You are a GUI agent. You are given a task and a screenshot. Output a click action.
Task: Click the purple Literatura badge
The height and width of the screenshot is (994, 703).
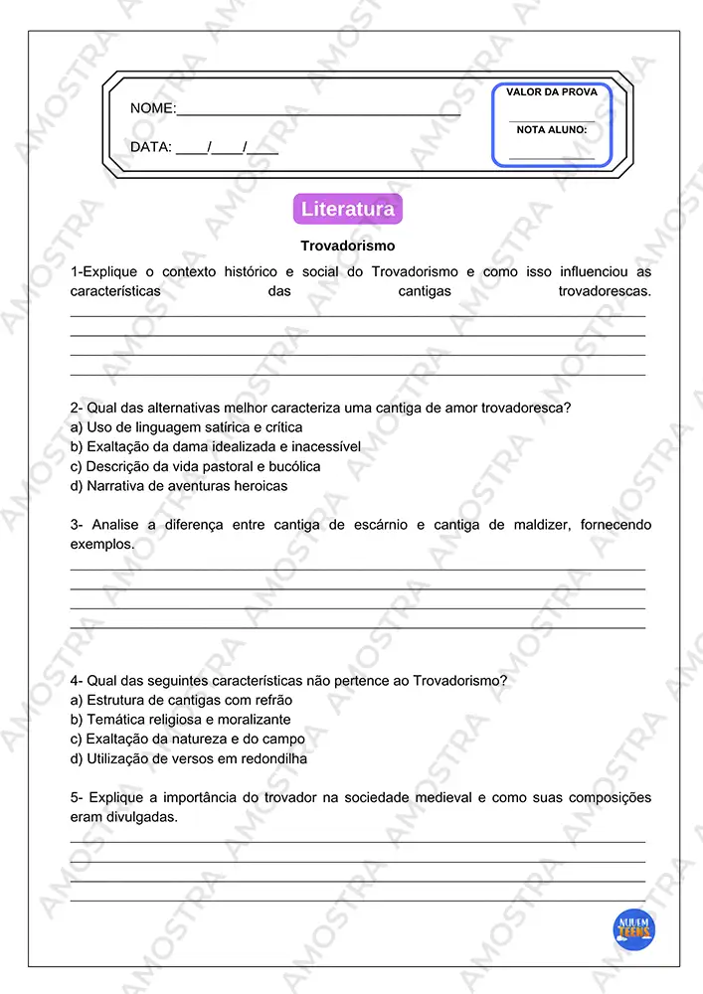[348, 210]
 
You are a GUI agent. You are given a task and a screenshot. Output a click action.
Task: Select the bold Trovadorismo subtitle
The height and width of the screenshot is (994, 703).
[348, 245]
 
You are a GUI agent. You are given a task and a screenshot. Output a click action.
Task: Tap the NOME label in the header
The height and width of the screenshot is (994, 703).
[153, 108]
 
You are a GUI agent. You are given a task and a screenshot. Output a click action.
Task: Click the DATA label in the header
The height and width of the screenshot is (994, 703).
[151, 147]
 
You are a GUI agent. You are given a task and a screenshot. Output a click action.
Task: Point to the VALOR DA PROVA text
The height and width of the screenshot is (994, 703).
[552, 92]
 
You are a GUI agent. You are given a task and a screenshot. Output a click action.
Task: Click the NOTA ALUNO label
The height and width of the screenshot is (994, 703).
[552, 130]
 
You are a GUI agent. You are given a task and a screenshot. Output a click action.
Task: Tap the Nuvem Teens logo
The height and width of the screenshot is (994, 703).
[633, 929]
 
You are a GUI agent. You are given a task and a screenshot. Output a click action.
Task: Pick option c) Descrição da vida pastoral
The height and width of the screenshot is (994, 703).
[196, 466]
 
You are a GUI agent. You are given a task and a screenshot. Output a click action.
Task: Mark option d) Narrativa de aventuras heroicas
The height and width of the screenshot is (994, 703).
[179, 486]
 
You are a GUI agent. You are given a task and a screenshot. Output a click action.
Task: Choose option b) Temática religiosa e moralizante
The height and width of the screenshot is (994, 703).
[181, 720]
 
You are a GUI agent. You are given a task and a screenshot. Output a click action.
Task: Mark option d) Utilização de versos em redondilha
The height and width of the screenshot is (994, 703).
[189, 758]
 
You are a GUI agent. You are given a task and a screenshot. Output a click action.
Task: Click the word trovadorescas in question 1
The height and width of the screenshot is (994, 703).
[605, 291]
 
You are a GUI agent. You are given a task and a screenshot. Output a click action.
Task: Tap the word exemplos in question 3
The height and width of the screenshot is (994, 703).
[101, 545]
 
